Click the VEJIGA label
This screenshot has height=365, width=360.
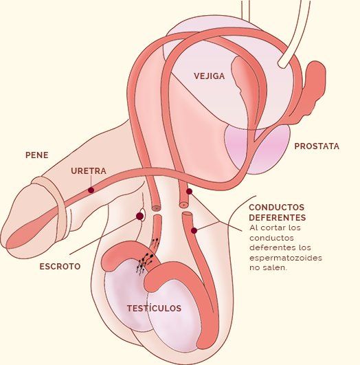pyautogui.click(x=210, y=76)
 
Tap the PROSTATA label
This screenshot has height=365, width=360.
pyautogui.click(x=317, y=146)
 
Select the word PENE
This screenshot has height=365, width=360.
pyautogui.click(x=37, y=155)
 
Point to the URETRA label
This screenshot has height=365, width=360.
pyautogui.click(x=89, y=171)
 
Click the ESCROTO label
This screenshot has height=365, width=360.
pyautogui.click(x=60, y=266)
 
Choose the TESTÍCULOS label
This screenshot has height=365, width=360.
pyautogui.click(x=154, y=308)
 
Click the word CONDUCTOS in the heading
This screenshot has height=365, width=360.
pyautogui.click(x=277, y=207)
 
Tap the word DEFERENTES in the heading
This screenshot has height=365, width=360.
pyautogui.click(x=278, y=217)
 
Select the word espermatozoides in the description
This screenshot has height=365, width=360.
pyautogui.click(x=286, y=258)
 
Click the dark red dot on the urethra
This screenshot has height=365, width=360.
pyautogui.click(x=91, y=190)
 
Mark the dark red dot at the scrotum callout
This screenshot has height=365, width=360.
pyautogui.click(x=139, y=216)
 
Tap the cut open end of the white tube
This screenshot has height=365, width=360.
pyautogui.click(x=284, y=63)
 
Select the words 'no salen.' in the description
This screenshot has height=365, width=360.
pyautogui.click(x=269, y=267)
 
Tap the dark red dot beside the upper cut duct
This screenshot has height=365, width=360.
pyautogui.click(x=189, y=191)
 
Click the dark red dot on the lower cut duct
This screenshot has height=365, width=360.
pyautogui.click(x=194, y=230)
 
